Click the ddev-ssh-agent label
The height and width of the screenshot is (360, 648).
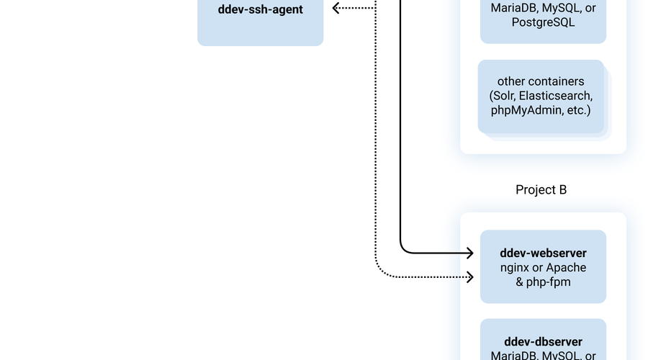tap(260, 10)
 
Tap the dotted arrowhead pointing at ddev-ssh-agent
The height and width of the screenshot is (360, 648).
tap(336, 8)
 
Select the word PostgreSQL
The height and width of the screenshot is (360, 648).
tap(543, 22)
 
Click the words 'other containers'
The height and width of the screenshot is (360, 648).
tap(541, 81)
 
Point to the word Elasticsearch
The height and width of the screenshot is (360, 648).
tap(556, 96)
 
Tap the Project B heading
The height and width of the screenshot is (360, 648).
tap(541, 190)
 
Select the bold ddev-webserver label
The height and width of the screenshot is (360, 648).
tap(543, 253)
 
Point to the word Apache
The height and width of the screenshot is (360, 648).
tap(569, 268)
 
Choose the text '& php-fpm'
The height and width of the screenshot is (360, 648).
tap(543, 282)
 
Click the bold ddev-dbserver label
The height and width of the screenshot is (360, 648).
tap(543, 341)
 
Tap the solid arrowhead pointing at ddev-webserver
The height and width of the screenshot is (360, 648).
tap(470, 253)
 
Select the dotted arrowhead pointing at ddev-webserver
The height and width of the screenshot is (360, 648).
tap(470, 276)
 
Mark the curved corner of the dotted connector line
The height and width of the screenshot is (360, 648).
tap(379, 273)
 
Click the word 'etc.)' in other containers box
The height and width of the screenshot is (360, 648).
tap(576, 110)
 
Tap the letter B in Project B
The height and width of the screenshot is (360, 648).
tap(562, 190)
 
